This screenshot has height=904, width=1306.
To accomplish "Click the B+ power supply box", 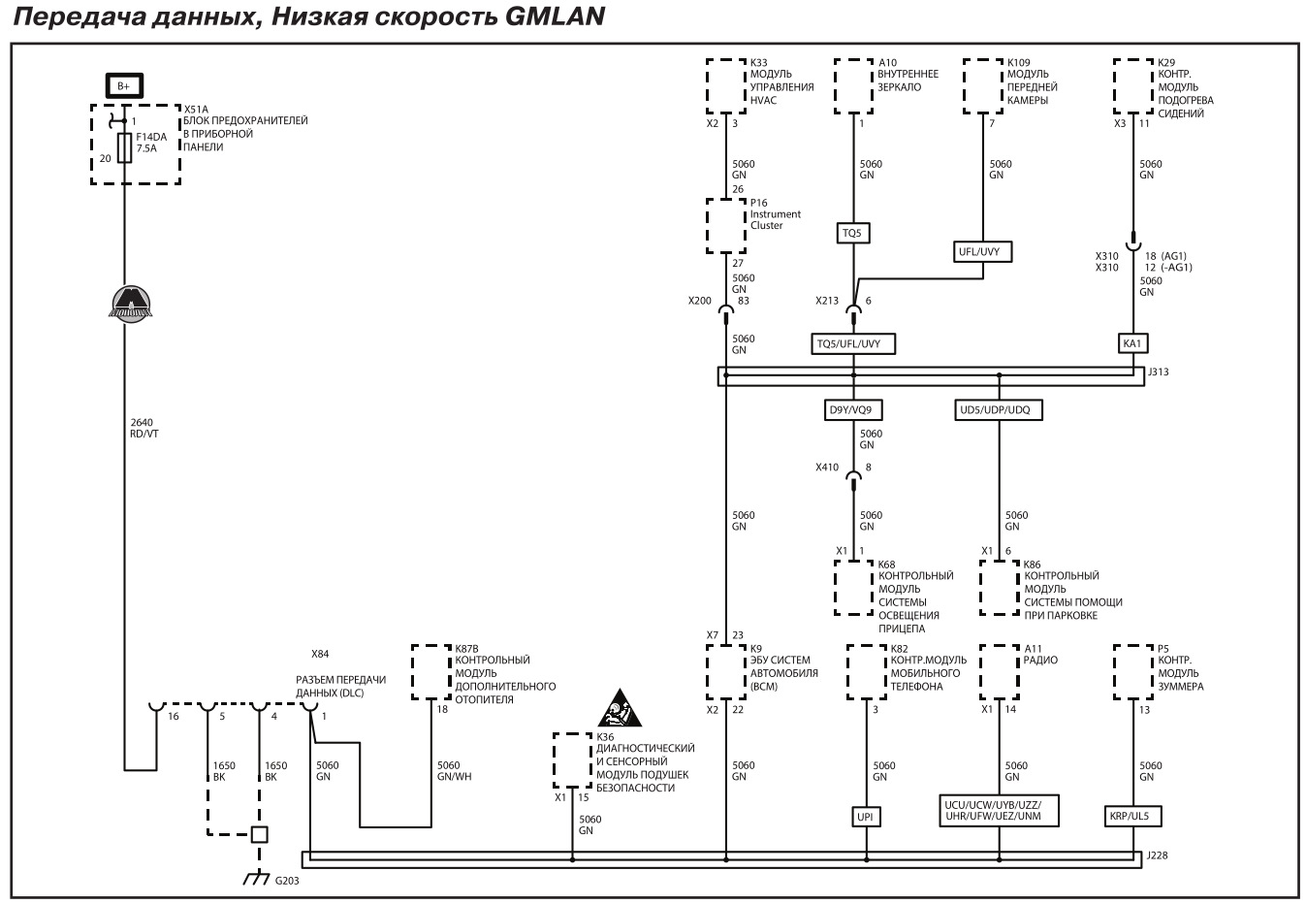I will (123, 85).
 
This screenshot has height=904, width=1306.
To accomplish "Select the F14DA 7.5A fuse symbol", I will (124, 148).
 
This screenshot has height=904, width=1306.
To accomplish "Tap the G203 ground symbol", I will (257, 878).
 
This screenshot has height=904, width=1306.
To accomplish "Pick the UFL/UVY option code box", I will (984, 251).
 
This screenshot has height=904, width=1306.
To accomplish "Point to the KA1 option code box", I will (1133, 343).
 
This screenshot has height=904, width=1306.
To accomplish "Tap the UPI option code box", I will (866, 817).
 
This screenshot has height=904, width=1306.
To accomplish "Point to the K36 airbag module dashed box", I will (572, 759).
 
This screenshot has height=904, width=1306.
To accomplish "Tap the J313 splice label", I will (1158, 371).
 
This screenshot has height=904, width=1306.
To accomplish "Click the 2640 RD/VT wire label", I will (144, 428).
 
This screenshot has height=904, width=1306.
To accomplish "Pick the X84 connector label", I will (320, 654).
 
